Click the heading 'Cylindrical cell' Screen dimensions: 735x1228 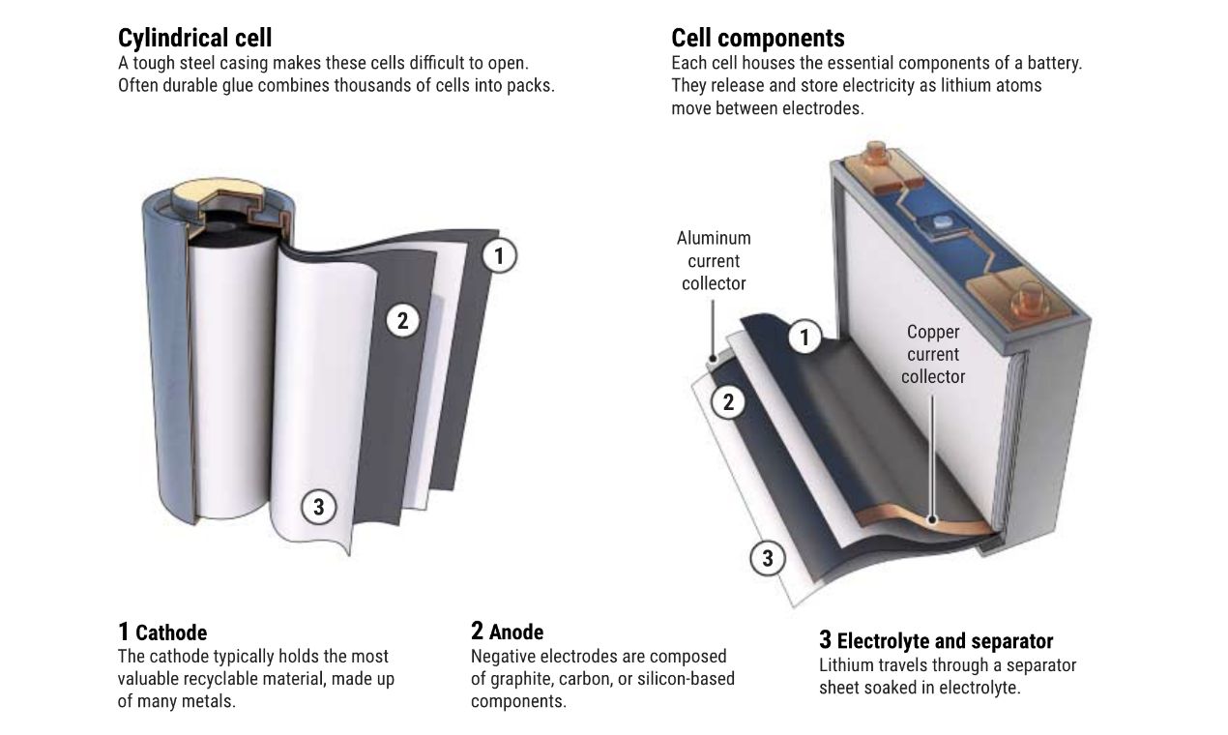[x=194, y=38]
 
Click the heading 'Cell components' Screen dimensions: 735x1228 [x=757, y=38]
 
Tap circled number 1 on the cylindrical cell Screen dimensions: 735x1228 [x=499, y=256]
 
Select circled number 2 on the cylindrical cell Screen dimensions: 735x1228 [x=403, y=320]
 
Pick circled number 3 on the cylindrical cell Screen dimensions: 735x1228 [x=318, y=506]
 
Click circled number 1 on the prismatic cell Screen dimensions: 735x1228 [x=804, y=338]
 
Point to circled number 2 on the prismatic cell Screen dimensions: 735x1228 [x=729, y=401]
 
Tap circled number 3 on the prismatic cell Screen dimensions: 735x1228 [x=768, y=558]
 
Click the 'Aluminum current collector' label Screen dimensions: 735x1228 [x=714, y=260]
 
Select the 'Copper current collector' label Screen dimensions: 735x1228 [x=933, y=354]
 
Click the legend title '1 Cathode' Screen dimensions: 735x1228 [x=162, y=632]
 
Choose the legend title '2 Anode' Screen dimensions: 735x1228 [x=507, y=632]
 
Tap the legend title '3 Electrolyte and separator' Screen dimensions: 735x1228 [x=935, y=640]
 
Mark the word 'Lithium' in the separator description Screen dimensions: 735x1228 [x=847, y=665]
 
